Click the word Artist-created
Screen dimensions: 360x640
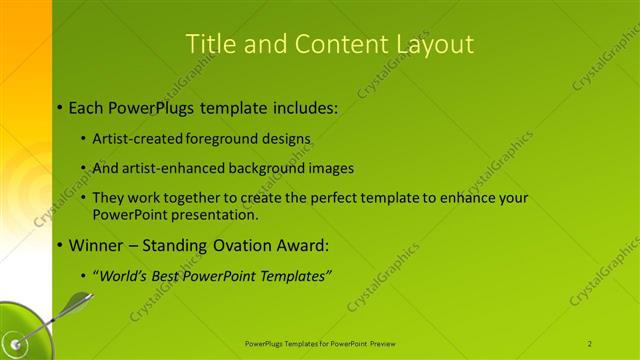point(138,138)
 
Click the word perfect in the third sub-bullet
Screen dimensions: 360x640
point(332,199)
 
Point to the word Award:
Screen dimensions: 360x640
point(301,245)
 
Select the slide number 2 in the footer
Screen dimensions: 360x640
point(590,343)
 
